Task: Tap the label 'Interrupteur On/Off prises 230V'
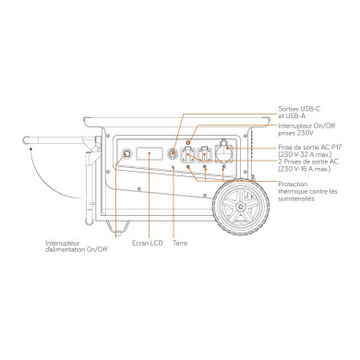(x=296, y=131)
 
